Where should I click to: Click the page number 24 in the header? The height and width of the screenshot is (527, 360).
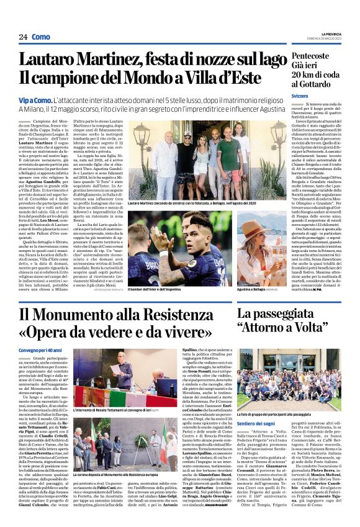pyautogui.click(x=23, y=37)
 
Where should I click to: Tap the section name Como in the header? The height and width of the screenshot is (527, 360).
pyautogui.click(x=41, y=37)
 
